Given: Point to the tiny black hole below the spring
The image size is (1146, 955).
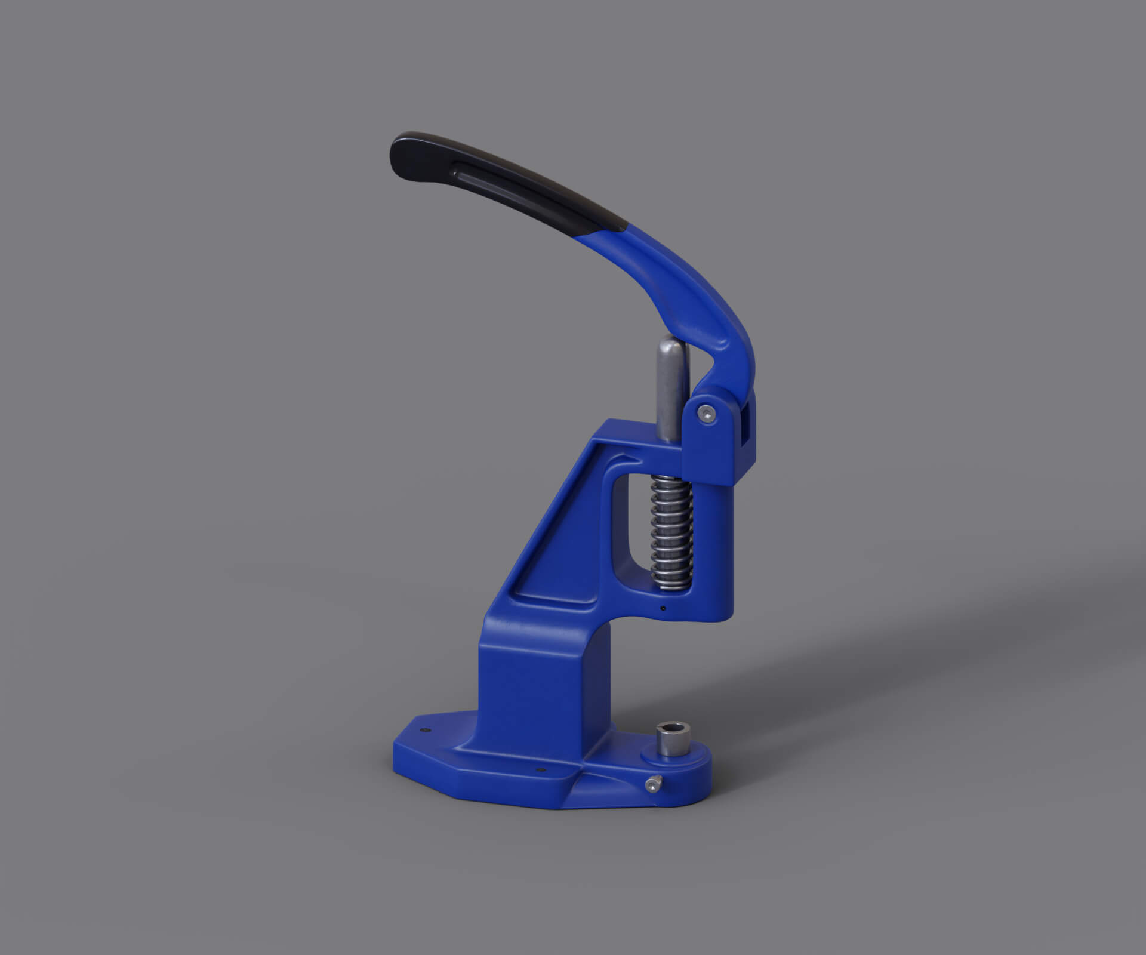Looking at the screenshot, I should (664, 609).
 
